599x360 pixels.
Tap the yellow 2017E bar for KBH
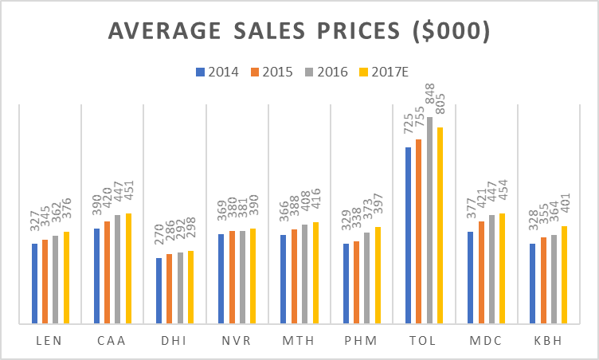pos(565,275)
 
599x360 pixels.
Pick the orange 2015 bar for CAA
pos(107,272)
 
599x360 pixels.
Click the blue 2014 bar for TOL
pos(409,236)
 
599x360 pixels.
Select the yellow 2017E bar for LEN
pos(66,278)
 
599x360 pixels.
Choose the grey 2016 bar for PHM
pos(367,278)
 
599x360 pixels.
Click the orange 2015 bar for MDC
pos(481,272)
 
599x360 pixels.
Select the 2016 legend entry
pos(327,72)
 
